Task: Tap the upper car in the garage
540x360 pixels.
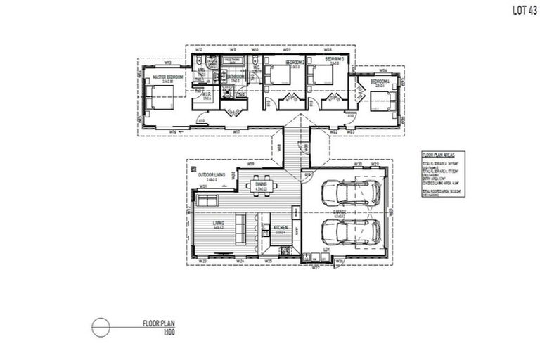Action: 349,192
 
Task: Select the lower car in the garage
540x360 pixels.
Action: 349,231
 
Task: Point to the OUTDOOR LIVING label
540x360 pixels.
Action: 211,175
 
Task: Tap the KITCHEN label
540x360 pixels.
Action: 278,228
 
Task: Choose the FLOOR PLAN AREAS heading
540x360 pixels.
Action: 438,153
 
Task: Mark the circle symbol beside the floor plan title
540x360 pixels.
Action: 101,327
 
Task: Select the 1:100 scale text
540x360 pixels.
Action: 168,331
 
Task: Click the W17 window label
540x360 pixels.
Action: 236,132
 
